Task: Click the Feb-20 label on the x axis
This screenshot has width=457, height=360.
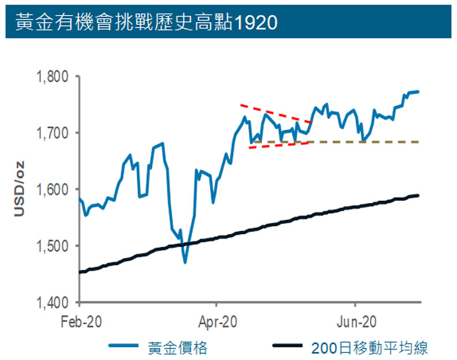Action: [80, 320]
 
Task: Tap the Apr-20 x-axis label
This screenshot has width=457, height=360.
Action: [217, 320]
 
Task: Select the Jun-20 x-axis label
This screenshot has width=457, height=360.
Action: [354, 320]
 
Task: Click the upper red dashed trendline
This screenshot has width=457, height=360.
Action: [276, 114]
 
